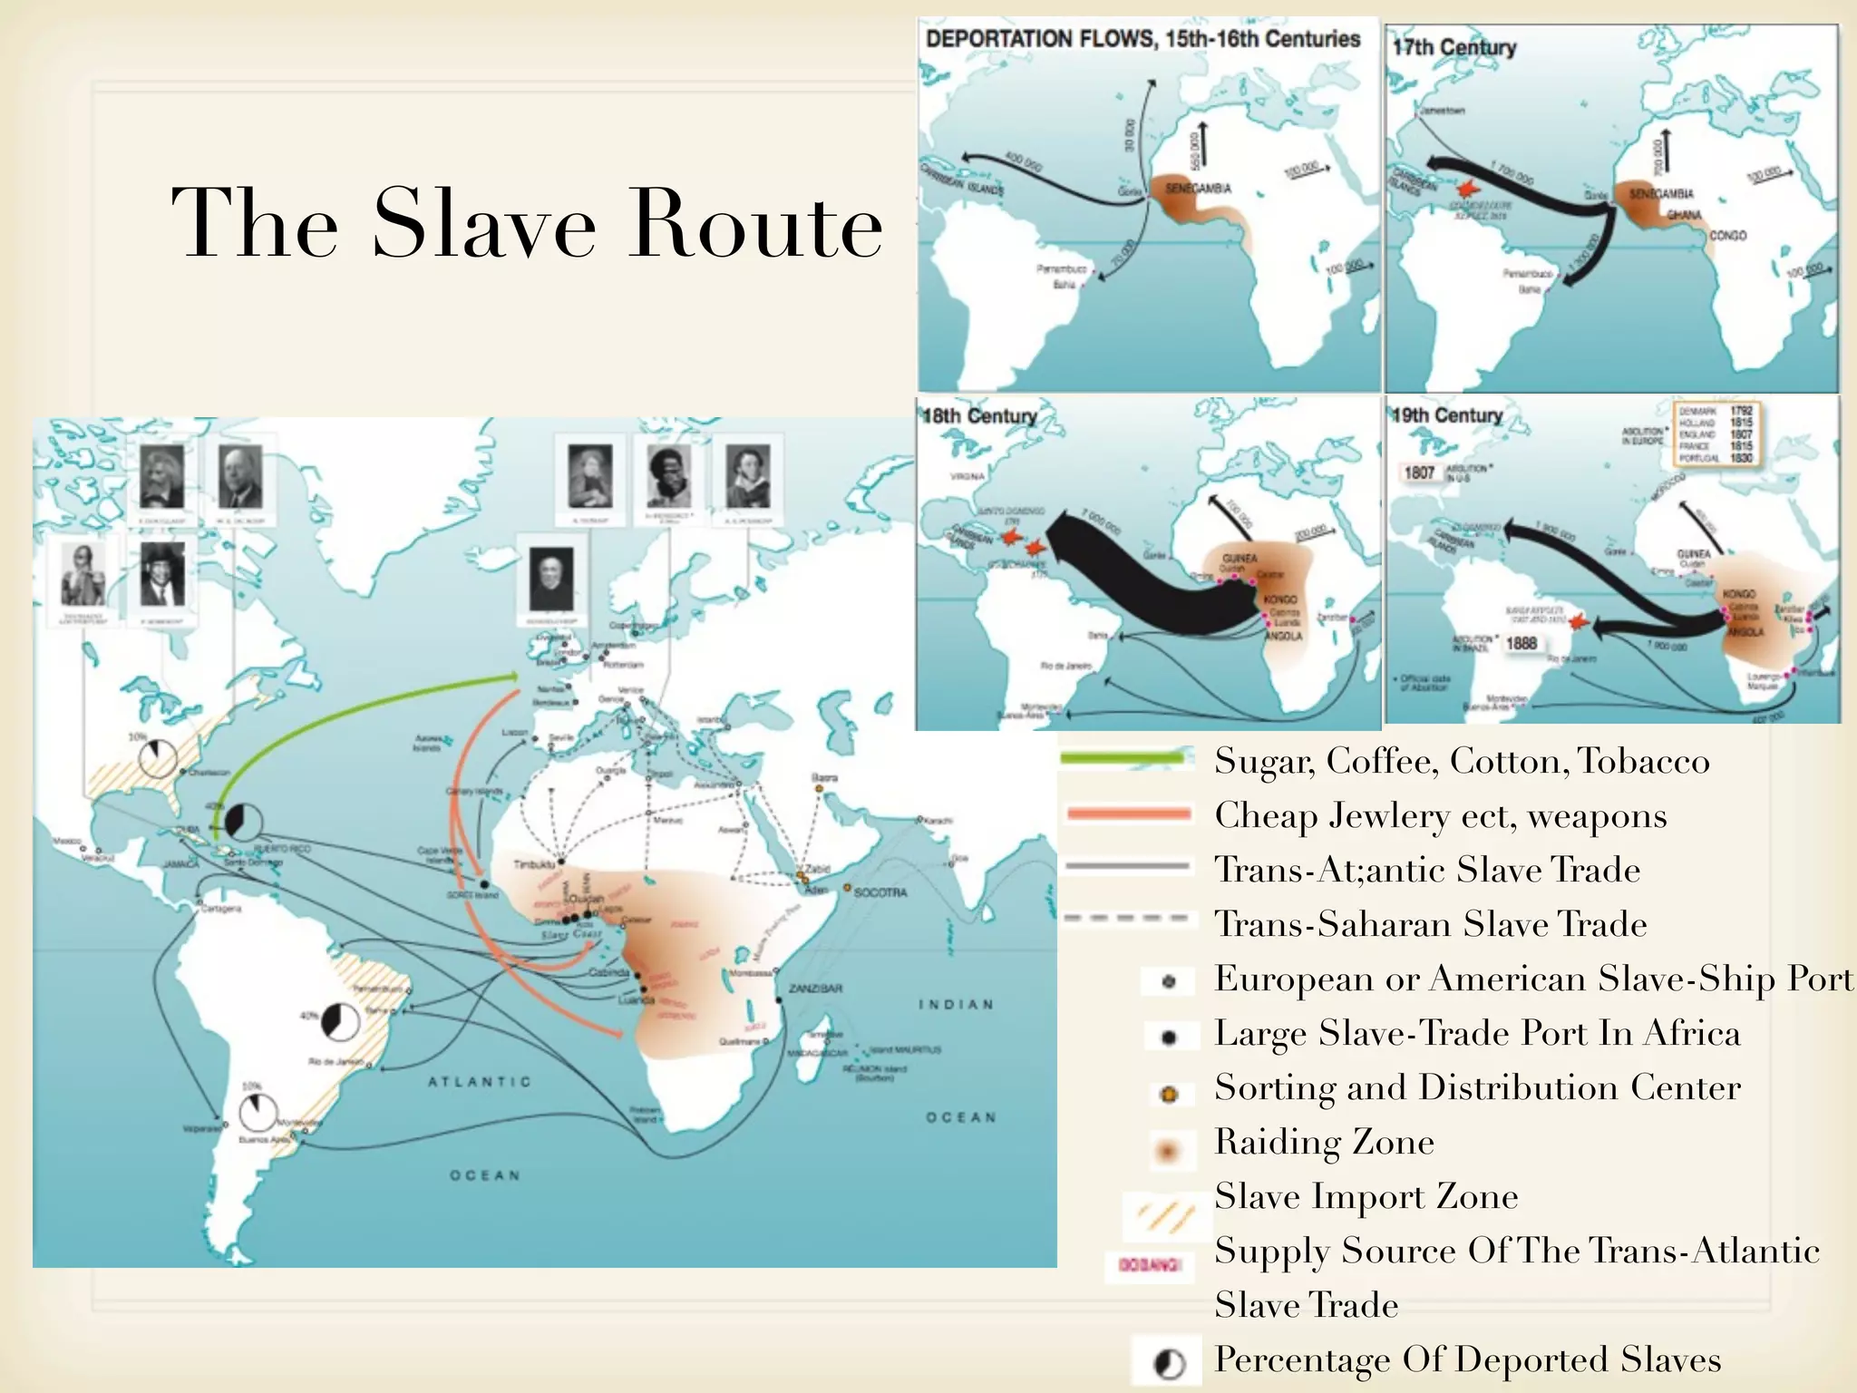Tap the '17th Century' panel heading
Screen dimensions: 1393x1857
[x=1454, y=47]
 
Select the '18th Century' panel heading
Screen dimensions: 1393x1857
[x=979, y=416]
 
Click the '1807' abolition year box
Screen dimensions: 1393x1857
[x=1419, y=472]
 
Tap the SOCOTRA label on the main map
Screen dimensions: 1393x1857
[x=879, y=892]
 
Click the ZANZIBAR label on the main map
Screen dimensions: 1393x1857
[x=816, y=988]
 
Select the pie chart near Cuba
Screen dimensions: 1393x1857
[x=242, y=822]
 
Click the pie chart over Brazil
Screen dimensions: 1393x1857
[x=340, y=1022]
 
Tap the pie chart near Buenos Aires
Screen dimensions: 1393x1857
[x=258, y=1113]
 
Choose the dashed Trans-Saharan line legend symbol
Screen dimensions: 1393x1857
[x=1126, y=919]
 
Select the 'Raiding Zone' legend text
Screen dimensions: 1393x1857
[x=1324, y=1142]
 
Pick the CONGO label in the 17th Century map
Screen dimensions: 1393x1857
[x=1727, y=236]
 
